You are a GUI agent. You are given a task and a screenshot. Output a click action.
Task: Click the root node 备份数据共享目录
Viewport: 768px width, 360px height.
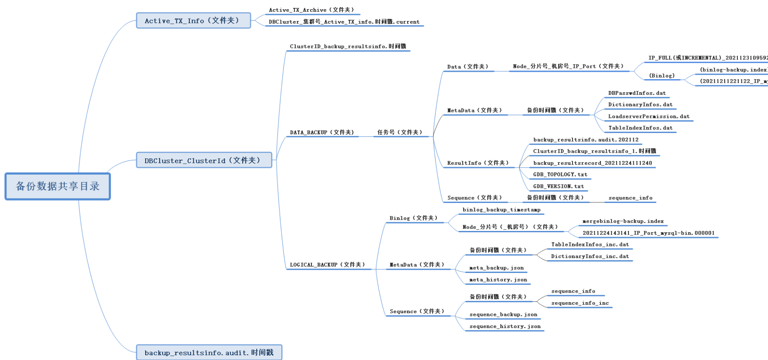pyautogui.click(x=58, y=186)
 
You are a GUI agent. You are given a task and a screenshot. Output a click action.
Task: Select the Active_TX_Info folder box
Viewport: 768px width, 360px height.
pyautogui.click(x=193, y=21)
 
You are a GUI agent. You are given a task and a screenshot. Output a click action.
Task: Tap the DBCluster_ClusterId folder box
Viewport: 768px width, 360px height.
pyautogui.click(x=204, y=160)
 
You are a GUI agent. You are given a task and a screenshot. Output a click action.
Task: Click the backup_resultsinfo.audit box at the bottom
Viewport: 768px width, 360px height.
pyautogui.click(x=209, y=353)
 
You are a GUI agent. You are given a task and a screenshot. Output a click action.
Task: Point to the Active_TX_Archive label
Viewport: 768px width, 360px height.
pyautogui.click(x=311, y=10)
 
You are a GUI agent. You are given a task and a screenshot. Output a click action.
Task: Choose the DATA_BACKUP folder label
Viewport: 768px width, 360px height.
pyautogui.click(x=322, y=133)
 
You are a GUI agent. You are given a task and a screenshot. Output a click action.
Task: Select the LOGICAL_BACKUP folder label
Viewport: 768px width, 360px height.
pyautogui.click(x=327, y=265)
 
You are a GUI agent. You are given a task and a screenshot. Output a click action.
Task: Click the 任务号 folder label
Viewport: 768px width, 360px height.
pyautogui.click(x=400, y=133)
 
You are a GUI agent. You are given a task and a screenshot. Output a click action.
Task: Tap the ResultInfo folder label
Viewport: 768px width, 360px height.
pyautogui.click(x=478, y=163)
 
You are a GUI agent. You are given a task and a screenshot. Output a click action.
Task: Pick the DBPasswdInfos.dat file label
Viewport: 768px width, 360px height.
pyautogui.click(x=637, y=93)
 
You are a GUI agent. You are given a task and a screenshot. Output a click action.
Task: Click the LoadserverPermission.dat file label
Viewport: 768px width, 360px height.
pyautogui.click(x=649, y=117)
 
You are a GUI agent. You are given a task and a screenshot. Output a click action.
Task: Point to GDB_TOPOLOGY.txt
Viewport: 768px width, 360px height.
pyautogui.click(x=560, y=175)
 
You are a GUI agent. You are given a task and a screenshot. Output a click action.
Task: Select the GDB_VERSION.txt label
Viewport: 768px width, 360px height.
pyautogui.click(x=559, y=186)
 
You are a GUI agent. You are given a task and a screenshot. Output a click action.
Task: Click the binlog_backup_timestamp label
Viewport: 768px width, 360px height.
pyautogui.click(x=501, y=210)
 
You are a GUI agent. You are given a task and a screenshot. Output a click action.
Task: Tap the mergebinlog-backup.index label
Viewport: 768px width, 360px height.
pyautogui.click(x=623, y=221)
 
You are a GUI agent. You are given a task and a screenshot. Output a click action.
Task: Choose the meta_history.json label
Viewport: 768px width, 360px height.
pyautogui.click(x=498, y=280)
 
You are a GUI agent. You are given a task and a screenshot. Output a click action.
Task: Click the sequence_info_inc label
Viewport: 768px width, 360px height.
pyautogui.click(x=580, y=303)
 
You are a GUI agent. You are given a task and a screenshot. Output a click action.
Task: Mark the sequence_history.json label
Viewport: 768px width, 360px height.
pyautogui.click(x=505, y=327)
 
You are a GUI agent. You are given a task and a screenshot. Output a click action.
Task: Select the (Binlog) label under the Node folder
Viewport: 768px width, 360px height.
pyautogui.click(x=662, y=76)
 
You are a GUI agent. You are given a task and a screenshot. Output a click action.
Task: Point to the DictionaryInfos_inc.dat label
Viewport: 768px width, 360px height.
pyautogui.click(x=590, y=257)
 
